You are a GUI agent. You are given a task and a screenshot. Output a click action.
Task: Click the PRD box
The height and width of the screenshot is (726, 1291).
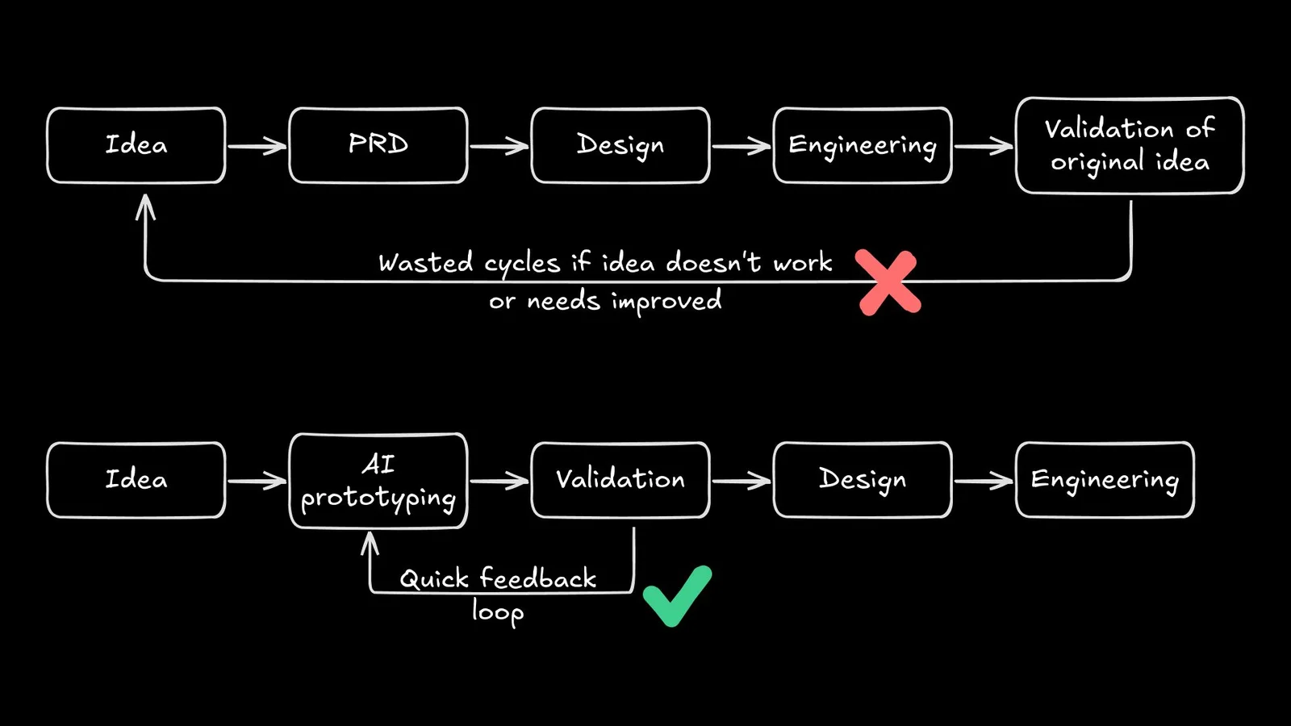pos(378,145)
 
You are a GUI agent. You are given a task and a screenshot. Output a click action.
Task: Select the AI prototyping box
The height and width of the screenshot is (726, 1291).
pos(378,481)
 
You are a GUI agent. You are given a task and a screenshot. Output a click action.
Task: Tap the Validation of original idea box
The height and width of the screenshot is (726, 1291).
pos(1130,145)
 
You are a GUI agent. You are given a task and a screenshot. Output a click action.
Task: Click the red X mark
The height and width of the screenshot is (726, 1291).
pos(888,282)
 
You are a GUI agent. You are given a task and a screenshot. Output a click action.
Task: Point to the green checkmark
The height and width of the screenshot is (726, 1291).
pos(677,596)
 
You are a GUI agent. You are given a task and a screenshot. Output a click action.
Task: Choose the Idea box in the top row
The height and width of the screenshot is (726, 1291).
pos(136,145)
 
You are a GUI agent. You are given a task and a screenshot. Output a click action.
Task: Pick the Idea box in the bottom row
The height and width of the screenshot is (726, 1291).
pos(136,480)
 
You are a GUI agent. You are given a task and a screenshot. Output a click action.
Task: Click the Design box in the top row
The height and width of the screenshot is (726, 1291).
pos(620,145)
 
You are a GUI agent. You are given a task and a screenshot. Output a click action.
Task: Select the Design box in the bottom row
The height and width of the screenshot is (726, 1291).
pos(863,480)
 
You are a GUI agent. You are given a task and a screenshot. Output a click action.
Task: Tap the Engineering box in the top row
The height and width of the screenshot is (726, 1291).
pos(863,145)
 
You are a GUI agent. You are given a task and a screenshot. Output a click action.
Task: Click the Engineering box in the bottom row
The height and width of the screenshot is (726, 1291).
pos(1105,480)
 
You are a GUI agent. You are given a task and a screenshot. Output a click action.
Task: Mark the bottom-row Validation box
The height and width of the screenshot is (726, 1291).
pos(620,480)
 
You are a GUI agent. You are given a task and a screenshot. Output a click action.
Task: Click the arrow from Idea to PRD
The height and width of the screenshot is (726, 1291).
pos(257,146)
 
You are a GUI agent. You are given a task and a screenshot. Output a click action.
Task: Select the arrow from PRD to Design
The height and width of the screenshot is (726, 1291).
pos(499,146)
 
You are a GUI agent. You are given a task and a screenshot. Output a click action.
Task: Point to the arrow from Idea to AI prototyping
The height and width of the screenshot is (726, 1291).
pos(257,482)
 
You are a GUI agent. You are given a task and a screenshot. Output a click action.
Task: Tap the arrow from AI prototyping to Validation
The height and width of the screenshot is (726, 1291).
pos(499,482)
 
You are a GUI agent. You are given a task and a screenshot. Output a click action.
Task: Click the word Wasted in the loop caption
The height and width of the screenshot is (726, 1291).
pos(425,263)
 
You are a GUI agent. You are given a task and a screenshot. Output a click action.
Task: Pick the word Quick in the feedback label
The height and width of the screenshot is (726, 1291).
pos(434,579)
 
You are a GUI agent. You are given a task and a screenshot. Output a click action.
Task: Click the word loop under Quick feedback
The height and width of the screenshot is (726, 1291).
pos(498,611)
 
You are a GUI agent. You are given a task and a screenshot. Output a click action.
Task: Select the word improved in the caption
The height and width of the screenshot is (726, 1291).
pos(666,302)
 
